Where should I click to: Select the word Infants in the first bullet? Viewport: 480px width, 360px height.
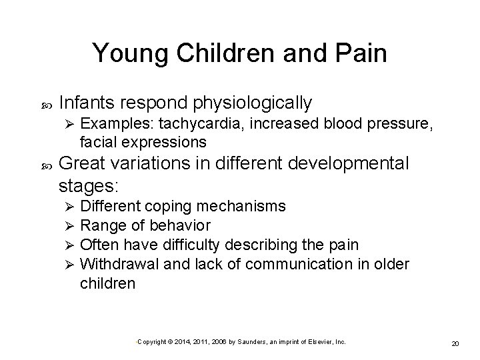[85, 103]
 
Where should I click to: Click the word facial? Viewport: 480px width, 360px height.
[97, 142]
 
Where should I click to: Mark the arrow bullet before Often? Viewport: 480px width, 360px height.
[66, 245]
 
